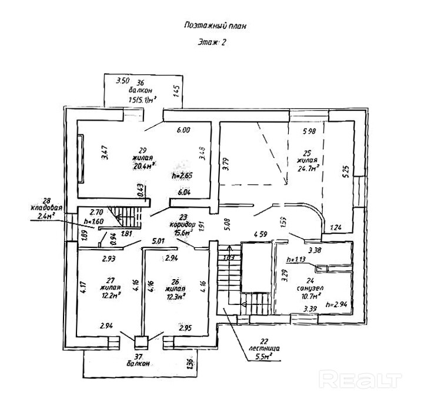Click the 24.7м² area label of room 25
(307, 168)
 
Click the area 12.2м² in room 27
(111, 295)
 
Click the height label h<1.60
(94, 221)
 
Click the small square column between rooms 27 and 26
(140, 340)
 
